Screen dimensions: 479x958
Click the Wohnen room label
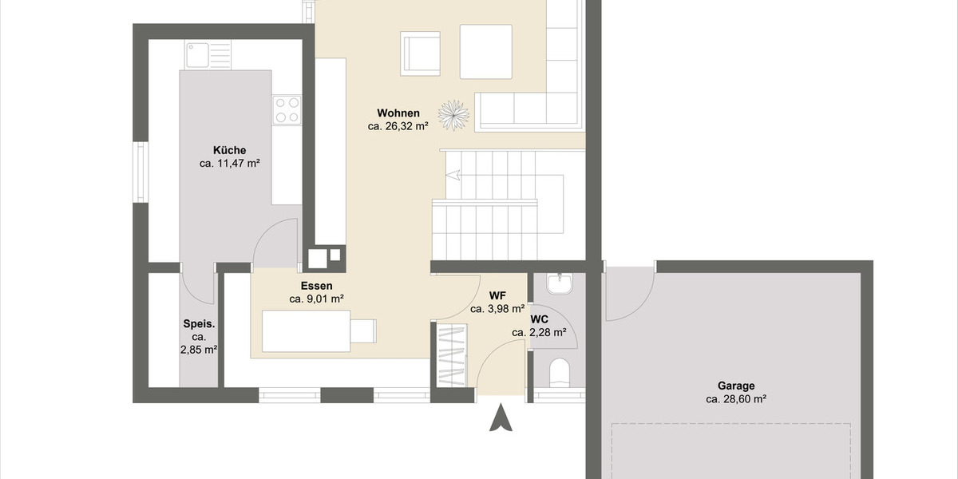[398, 113]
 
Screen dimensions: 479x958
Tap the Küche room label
[229, 150]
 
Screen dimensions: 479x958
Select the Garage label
[735, 385]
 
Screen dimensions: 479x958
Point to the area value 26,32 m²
[398, 126]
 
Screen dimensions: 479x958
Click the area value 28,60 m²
[735, 398]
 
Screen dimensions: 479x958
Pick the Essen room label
[317, 286]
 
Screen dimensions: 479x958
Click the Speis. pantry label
[199, 325]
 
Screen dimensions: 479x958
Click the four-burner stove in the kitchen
[287, 110]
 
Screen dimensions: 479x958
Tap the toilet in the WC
[560, 372]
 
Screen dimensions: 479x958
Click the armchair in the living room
[421, 53]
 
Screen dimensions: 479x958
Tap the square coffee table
[485, 51]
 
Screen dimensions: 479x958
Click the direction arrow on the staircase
[452, 175]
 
